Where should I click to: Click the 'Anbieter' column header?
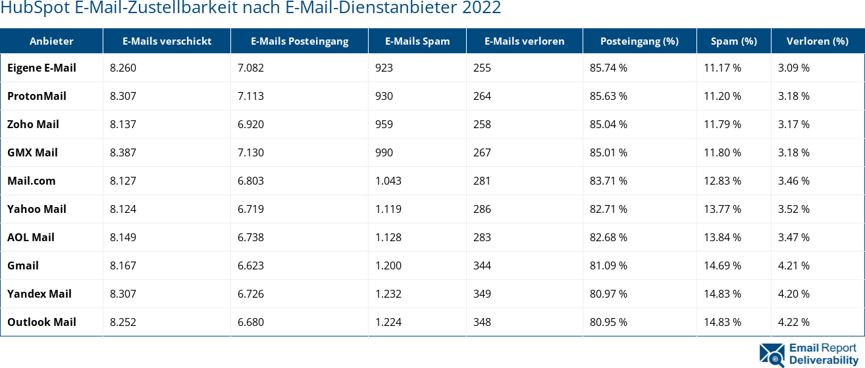coord(51,41)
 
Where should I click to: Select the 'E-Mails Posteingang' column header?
coord(300,41)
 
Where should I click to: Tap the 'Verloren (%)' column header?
coord(817,41)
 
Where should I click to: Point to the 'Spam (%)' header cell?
coord(733,41)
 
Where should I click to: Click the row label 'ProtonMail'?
coord(37,96)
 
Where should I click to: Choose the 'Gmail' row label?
coord(23,265)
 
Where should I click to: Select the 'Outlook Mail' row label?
coord(41,322)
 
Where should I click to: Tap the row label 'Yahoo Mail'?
coord(37,209)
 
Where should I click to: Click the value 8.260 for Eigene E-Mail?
coord(123,68)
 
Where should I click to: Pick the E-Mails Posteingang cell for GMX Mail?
coord(251,152)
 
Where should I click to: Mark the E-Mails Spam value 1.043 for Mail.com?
coord(388,181)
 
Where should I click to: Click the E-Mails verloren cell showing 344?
coord(482,265)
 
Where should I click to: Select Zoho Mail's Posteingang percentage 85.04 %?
coord(608,124)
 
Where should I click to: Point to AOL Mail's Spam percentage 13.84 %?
coord(722,237)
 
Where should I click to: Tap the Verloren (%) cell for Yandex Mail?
coord(794,294)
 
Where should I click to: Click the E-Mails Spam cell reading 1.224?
coord(388,322)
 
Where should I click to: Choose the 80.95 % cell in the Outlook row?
coord(608,322)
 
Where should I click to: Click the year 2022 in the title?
coord(483,9)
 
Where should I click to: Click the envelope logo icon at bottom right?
coord(772,354)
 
